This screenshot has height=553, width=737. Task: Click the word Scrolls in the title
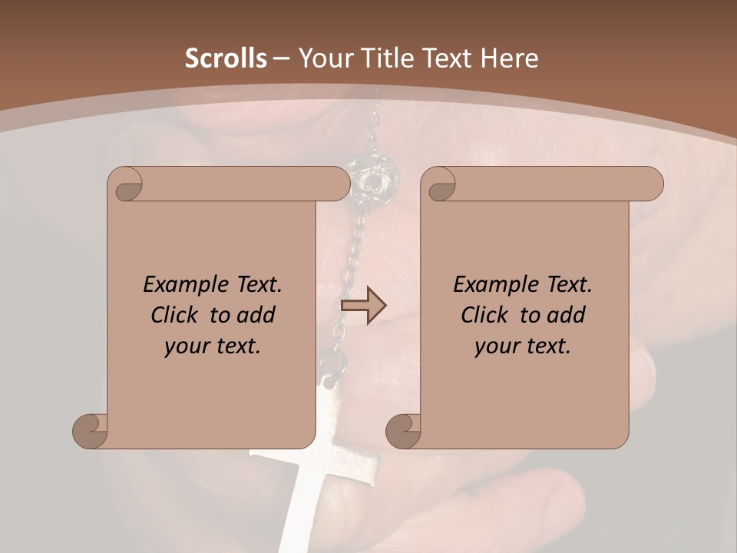pos(226,58)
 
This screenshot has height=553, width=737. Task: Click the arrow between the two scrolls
pos(363,306)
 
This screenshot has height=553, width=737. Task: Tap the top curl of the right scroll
pos(440,184)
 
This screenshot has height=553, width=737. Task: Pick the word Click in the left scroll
pos(174,315)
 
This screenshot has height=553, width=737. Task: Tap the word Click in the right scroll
pos(484,315)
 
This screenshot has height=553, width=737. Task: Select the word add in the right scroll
pos(564,315)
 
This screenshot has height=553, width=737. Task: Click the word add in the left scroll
pos(254,315)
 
